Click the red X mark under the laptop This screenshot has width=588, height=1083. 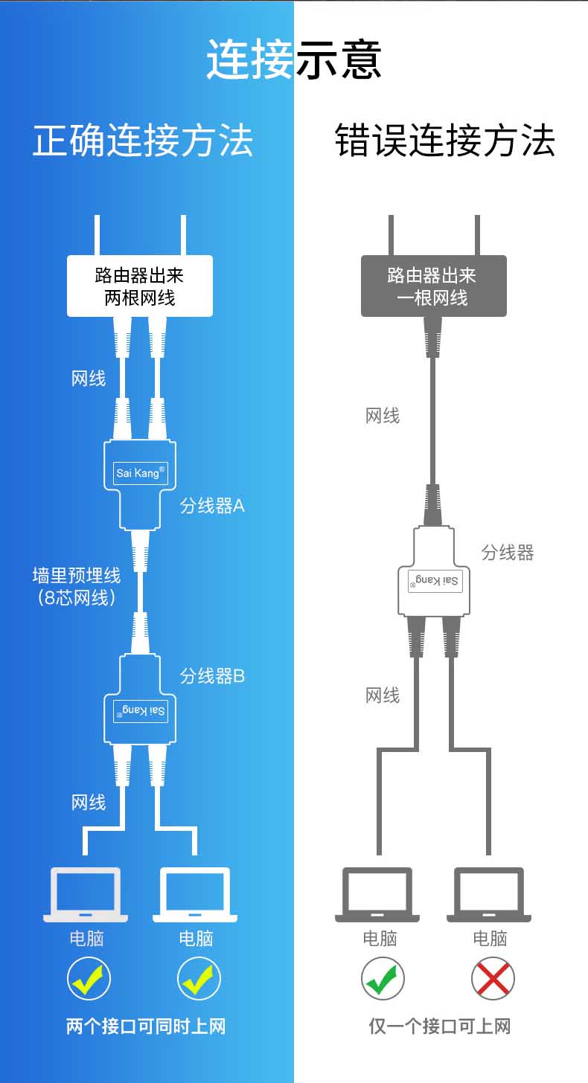pos(493,978)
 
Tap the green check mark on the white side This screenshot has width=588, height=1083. pos(383,978)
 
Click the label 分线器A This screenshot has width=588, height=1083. pos(212,507)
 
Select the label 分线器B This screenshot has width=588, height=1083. pos(212,676)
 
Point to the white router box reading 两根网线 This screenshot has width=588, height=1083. pos(140,286)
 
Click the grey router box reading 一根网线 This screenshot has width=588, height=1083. pos(433,286)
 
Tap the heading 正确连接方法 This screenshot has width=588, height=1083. pos(143,141)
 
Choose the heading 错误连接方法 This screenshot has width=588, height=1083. pos(445,141)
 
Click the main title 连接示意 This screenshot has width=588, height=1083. pos(294,60)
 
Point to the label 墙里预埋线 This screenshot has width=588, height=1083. pos(77,576)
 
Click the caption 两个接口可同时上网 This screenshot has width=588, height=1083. pos(146,1026)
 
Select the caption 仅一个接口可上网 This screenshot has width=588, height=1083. pos(440,1026)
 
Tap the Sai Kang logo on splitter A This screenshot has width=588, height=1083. pos(140,472)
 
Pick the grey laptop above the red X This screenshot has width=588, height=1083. pos(489,894)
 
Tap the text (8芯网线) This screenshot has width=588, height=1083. pos(77,597)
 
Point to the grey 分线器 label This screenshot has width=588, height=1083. pos(508,553)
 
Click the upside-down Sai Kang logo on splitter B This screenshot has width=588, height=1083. pos(140,711)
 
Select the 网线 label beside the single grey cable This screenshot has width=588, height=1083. pos(383,416)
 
